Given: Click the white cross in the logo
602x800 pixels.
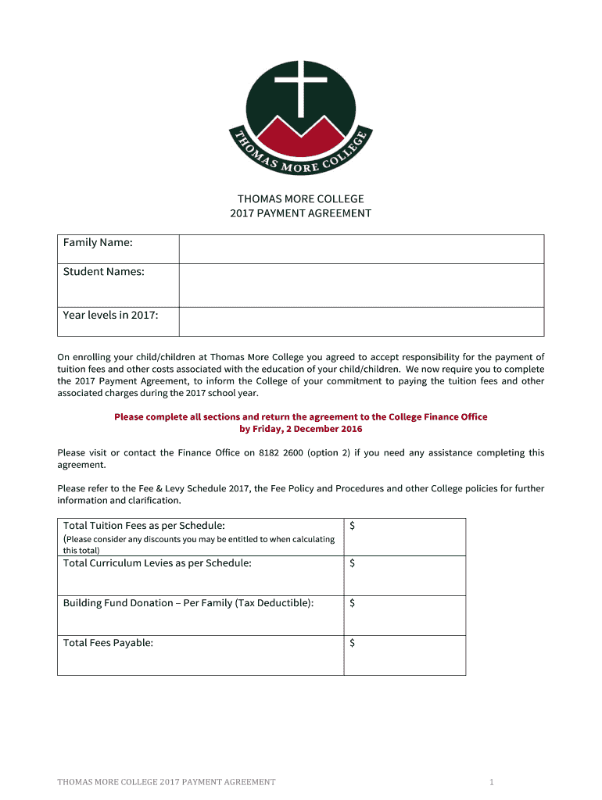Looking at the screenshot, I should tap(300, 85).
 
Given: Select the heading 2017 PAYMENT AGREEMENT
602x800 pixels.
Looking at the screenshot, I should tap(300, 213).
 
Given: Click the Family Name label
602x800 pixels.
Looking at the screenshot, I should tap(98, 243).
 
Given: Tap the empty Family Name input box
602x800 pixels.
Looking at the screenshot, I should tap(361, 249).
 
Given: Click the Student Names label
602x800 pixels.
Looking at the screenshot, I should tap(103, 272).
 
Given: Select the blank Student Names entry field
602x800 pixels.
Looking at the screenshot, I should tap(361, 285).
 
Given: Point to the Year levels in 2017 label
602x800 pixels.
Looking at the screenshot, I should tap(110, 316).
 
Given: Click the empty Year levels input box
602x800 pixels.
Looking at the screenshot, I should tap(361, 321).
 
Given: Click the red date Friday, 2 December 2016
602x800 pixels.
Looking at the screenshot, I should tap(301, 429).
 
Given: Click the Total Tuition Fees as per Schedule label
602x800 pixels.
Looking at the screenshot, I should tap(144, 526).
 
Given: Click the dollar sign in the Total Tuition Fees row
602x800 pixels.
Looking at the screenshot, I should tap(353, 527).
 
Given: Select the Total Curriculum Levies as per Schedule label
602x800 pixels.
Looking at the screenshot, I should tap(157, 563).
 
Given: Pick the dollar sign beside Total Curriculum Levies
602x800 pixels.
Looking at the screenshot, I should tap(353, 563).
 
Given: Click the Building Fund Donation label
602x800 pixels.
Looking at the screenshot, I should tap(188, 603).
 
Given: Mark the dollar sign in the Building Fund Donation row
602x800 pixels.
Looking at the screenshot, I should tap(353, 603).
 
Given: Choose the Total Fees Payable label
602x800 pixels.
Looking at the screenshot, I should tap(108, 643).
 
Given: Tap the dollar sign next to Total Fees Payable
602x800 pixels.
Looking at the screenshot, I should tap(353, 643).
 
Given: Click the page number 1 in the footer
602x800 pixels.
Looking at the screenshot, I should tap(492, 782).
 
